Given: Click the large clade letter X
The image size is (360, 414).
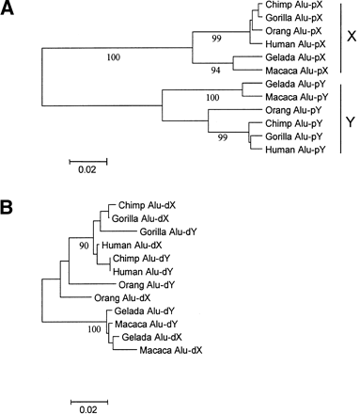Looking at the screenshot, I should pyautogui.click(x=351, y=38).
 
